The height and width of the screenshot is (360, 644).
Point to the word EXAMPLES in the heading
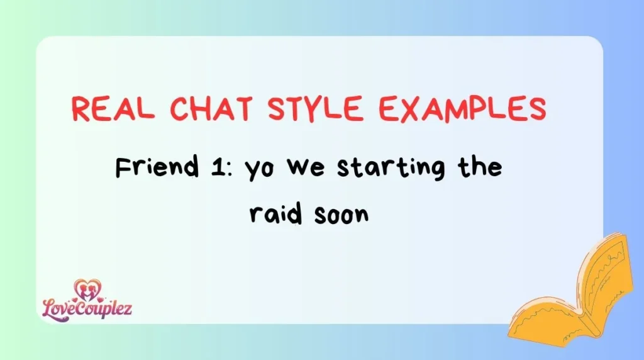point(463,110)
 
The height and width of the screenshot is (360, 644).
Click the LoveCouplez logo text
point(87,308)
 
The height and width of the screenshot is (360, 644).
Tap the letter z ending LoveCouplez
point(128,308)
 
